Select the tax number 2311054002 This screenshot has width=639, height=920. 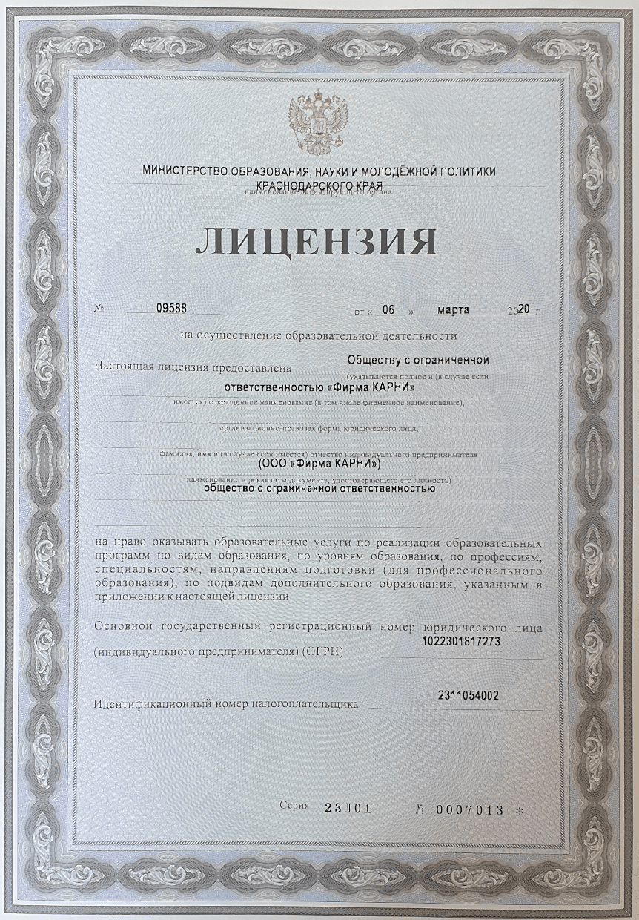469,695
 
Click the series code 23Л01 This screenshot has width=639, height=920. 347,809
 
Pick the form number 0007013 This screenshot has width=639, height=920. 471,809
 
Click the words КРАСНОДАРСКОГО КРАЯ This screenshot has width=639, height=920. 319,184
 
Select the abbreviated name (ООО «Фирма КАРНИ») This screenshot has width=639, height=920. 319,464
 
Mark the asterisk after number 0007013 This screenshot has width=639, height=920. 519,811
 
